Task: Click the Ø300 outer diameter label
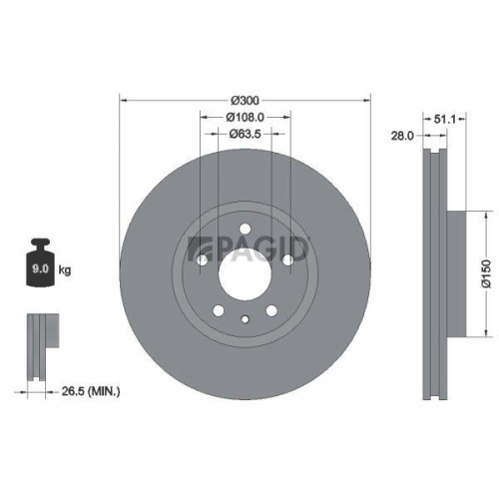(245, 100)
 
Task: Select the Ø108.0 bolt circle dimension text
(245, 116)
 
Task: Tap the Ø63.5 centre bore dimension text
(245, 133)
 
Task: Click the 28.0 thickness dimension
(401, 138)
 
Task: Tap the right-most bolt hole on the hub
(289, 258)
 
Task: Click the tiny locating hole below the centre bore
(245, 318)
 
